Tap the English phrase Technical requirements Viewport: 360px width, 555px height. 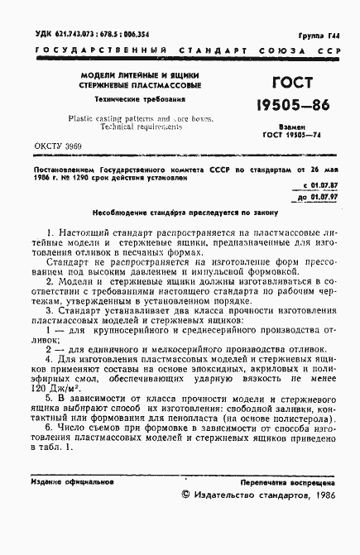coord(144,127)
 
